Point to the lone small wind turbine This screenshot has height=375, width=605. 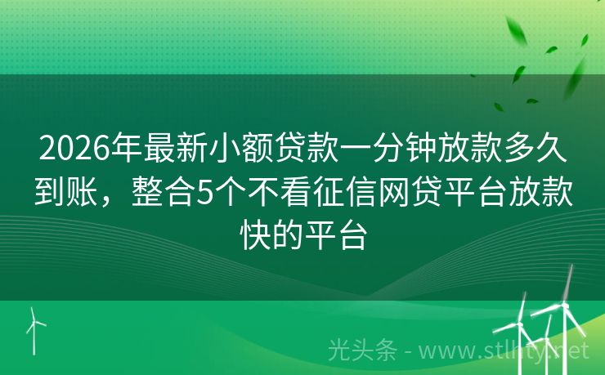point(35,327)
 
